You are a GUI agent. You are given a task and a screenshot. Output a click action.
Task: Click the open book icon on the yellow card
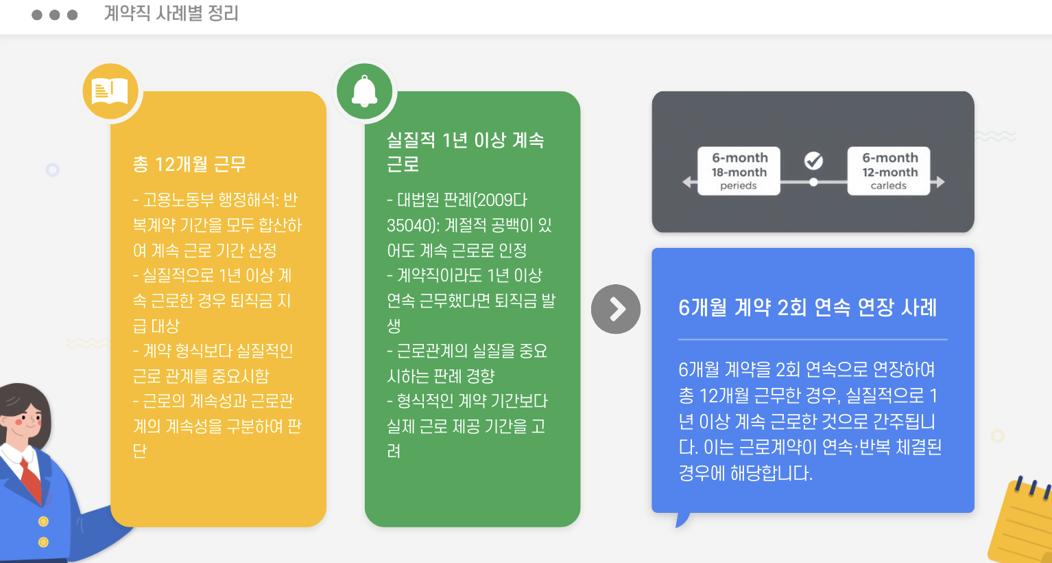tap(110, 91)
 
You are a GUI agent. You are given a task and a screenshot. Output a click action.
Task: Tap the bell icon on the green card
tap(364, 91)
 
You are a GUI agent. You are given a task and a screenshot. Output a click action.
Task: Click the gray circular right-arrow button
tap(616, 309)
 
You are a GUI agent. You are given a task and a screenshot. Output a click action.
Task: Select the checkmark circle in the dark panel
tap(813, 161)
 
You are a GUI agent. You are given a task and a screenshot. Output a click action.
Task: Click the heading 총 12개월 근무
tap(189, 165)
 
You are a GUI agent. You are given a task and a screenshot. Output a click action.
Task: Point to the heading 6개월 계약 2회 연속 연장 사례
tap(807, 308)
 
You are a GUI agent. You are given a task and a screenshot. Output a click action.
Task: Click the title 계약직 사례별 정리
tap(171, 14)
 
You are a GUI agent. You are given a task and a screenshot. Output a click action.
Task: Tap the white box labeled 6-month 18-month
tap(739, 171)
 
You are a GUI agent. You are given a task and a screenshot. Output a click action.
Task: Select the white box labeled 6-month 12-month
tap(889, 171)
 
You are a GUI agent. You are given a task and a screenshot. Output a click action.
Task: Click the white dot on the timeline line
tap(813, 183)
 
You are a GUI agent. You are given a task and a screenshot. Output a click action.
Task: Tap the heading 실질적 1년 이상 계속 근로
tap(465, 152)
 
